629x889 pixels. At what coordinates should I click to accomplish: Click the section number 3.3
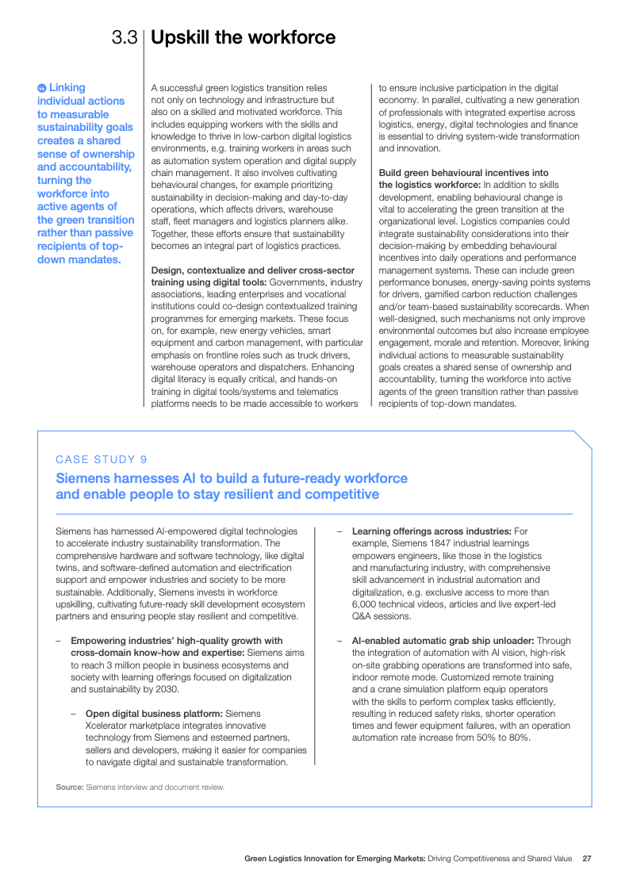pyautogui.click(x=125, y=37)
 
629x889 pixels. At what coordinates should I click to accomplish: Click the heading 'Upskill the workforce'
pyautogui.click(x=243, y=37)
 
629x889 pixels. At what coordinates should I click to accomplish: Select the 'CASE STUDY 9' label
pyautogui.click(x=101, y=459)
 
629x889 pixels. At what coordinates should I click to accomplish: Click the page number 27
pyautogui.click(x=587, y=858)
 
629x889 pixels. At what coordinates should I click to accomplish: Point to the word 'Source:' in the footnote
pyautogui.click(x=69, y=787)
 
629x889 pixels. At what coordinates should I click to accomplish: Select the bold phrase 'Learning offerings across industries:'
pyautogui.click(x=431, y=531)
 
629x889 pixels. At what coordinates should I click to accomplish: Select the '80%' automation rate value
pyautogui.click(x=519, y=737)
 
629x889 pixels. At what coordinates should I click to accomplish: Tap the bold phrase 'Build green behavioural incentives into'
pyautogui.click(x=463, y=173)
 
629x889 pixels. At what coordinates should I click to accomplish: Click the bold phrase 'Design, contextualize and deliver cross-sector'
pyautogui.click(x=252, y=270)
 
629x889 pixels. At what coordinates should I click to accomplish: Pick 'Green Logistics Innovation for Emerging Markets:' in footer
pyautogui.click(x=335, y=858)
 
